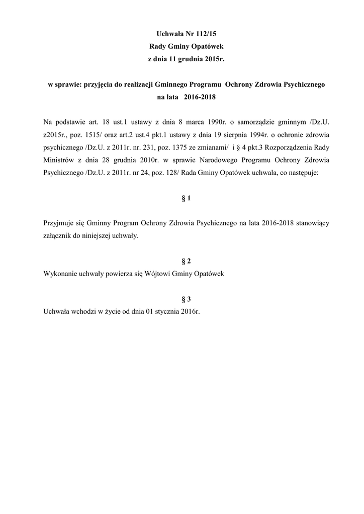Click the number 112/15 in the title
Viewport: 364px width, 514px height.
pos(210,34)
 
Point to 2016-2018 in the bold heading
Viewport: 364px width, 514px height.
pos(201,97)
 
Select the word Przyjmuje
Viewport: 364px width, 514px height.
pos(60,222)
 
